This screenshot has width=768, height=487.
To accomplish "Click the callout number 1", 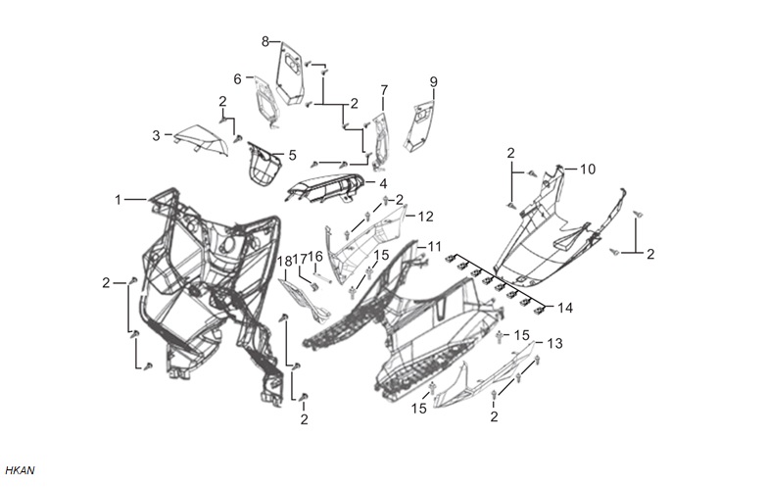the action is coord(118,200).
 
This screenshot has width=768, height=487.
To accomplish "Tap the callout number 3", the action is coord(157,135).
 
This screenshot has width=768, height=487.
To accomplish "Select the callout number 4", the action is coord(383,184).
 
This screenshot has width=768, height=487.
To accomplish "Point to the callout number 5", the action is coord(292,155).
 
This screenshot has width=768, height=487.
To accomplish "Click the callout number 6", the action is coord(237,78).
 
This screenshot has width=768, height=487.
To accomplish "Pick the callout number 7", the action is coord(384,90).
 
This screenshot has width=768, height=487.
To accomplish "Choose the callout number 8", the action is coord(265,41).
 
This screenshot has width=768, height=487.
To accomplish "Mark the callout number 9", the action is coord(433,82).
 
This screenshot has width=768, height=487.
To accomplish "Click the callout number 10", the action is coord(588,169).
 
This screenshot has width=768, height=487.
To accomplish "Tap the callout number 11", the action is coord(435,247).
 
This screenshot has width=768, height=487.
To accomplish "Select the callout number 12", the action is coord(426,216).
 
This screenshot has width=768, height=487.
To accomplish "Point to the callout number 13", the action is coord(554,343).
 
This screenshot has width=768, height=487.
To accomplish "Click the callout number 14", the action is coord(564,308).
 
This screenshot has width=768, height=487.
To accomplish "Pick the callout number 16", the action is coord(315,257).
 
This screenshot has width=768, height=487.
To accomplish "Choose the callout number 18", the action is coord(285,261).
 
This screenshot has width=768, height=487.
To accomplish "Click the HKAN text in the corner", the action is coord(20,470).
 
